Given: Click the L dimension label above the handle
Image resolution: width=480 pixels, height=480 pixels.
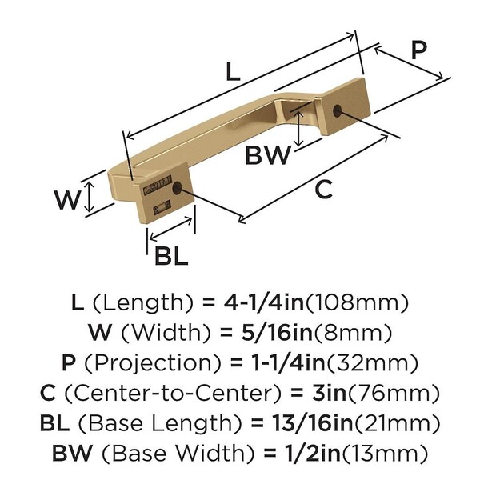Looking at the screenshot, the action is pyautogui.click(x=233, y=72).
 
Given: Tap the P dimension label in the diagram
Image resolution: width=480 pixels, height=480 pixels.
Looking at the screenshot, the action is pyautogui.click(x=418, y=50).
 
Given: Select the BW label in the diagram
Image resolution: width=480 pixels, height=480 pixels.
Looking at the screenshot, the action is pyautogui.click(x=267, y=155).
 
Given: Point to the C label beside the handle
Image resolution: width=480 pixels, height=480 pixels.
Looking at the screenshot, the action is pyautogui.click(x=323, y=189).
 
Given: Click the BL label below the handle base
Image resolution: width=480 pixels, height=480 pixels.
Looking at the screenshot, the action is pyautogui.click(x=171, y=256).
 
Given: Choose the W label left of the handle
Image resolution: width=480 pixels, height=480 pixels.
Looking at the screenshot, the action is pyautogui.click(x=67, y=200).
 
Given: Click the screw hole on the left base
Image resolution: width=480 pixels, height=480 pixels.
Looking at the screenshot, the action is pyautogui.click(x=177, y=188).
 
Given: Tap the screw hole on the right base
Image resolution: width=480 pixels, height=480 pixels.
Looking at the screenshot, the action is pyautogui.click(x=337, y=110).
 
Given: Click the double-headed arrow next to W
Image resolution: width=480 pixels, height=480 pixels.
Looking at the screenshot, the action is pyautogui.click(x=89, y=196).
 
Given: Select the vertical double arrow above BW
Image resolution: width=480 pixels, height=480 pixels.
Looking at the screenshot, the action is pyautogui.click(x=298, y=129).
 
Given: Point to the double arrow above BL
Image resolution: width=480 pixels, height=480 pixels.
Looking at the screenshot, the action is pyautogui.click(x=171, y=228).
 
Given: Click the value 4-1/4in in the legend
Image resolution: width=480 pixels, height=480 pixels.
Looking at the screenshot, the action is pyautogui.click(x=264, y=302).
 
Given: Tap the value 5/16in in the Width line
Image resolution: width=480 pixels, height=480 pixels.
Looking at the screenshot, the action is pyautogui.click(x=277, y=333).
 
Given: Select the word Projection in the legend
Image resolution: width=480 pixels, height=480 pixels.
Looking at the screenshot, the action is pyautogui.click(x=153, y=363).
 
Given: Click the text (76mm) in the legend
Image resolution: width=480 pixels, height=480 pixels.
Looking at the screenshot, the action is pyautogui.click(x=394, y=393).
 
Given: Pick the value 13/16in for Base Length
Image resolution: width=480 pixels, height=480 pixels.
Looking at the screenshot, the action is pyautogui.click(x=312, y=423).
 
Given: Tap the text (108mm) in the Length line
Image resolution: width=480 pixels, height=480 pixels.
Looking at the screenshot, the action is pyautogui.click(x=357, y=302).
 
